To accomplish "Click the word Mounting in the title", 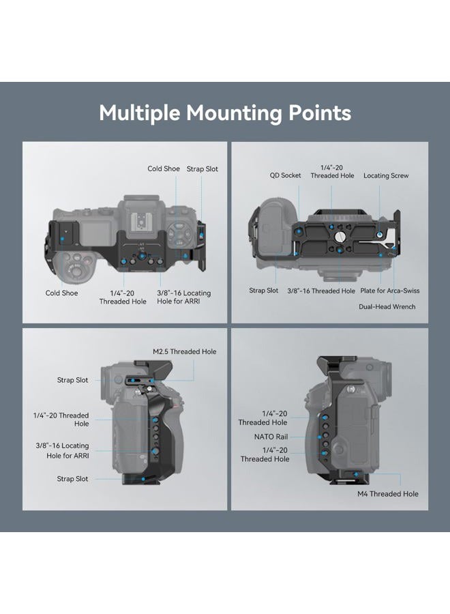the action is coord(235,113).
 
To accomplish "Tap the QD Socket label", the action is coord(285,175).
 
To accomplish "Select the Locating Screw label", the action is coord(386,176).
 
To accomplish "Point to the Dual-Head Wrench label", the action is coord(387,306).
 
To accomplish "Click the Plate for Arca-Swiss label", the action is coord(390,291).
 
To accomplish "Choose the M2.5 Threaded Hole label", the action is coord(184,351).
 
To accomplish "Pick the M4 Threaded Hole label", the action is coord(388,494).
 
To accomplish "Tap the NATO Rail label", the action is coord(271,436).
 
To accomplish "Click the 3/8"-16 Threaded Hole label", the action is coord(321,291).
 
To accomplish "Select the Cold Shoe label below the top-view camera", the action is coord(61,293).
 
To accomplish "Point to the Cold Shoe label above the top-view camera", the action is coord(164,169).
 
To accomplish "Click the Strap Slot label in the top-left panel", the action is coord(202,169).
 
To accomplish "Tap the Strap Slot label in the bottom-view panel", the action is coord(264,291).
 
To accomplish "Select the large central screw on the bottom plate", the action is coord(339,236).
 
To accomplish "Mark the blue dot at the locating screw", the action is coord(380,234).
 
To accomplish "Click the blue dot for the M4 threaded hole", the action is coord(356,474).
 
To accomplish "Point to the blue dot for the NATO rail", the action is coord(320,437).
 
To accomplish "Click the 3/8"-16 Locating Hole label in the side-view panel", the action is coord(62,450).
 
